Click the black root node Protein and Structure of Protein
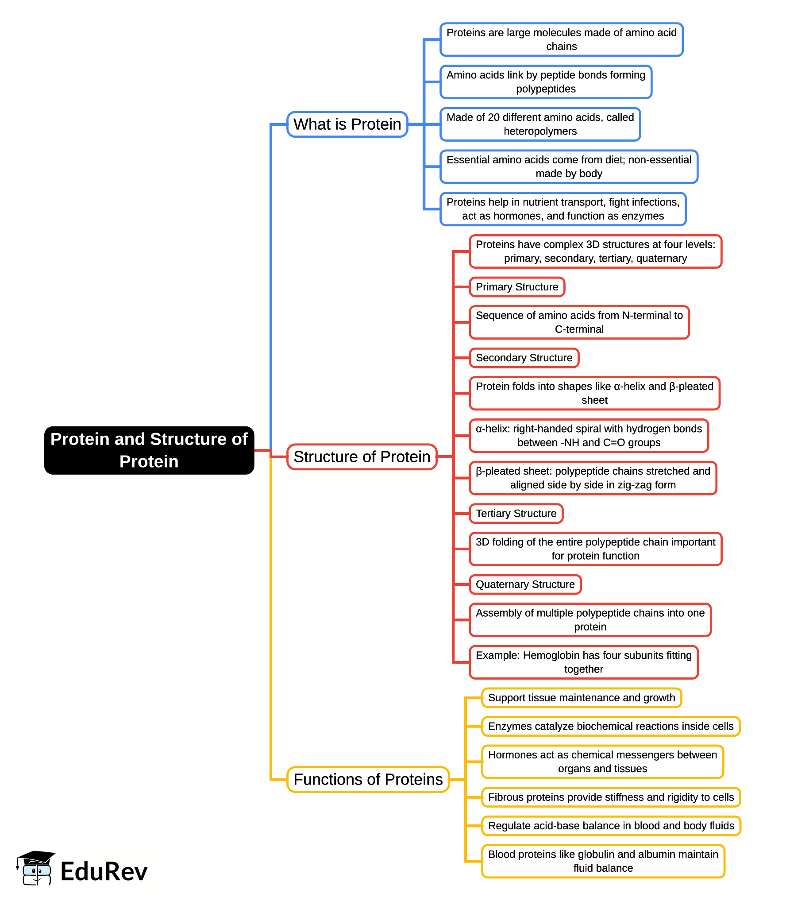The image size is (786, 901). tap(149, 450)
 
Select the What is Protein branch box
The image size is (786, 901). tap(347, 124)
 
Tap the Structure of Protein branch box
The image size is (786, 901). tap(362, 457)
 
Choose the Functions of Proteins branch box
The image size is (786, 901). tap(368, 779)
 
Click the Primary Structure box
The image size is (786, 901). tap(516, 287)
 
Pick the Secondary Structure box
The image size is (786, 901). tap(524, 358)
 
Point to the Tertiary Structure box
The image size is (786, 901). tap(516, 514)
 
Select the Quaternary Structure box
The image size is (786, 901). tap(525, 584)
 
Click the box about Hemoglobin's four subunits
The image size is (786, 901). tap(583, 662)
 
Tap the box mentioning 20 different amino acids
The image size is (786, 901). tap(540, 124)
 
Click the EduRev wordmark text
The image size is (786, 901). tap(104, 872)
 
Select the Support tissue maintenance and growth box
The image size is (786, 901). tap(581, 698)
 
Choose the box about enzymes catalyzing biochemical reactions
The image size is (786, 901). tap(610, 726)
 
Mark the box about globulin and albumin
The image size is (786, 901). tap(603, 861)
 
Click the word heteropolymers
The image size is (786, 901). tap(540, 131)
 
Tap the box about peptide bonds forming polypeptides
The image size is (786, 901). tap(546, 82)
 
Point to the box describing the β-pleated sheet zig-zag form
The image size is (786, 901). tap(593, 478)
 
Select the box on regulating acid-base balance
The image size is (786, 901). tap(611, 826)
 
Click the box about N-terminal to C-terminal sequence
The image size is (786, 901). tap(579, 322)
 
